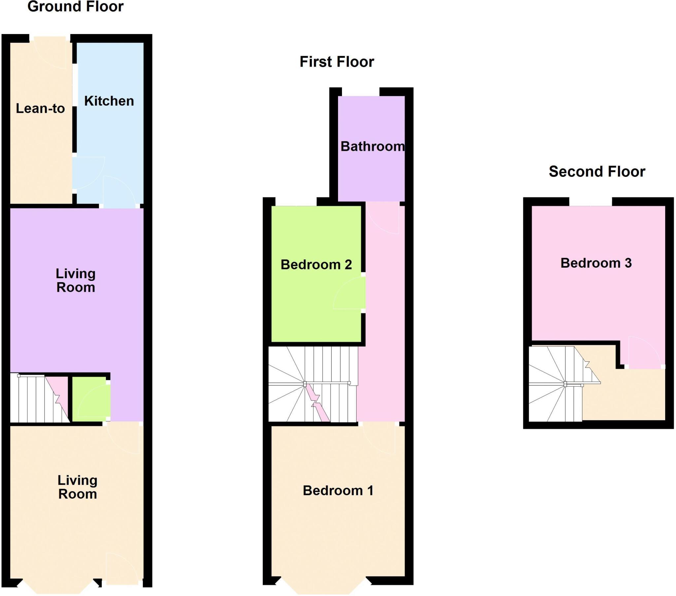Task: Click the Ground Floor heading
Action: [75, 7]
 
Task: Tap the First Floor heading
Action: [337, 62]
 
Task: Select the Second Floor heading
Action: [597, 172]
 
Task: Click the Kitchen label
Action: [109, 101]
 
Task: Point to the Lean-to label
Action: [40, 109]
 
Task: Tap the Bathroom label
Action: [372, 146]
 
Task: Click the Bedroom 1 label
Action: [338, 490]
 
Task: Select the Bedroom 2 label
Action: [316, 265]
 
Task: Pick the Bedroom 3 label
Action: [596, 263]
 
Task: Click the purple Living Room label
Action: [76, 281]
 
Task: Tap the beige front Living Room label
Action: [77, 487]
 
